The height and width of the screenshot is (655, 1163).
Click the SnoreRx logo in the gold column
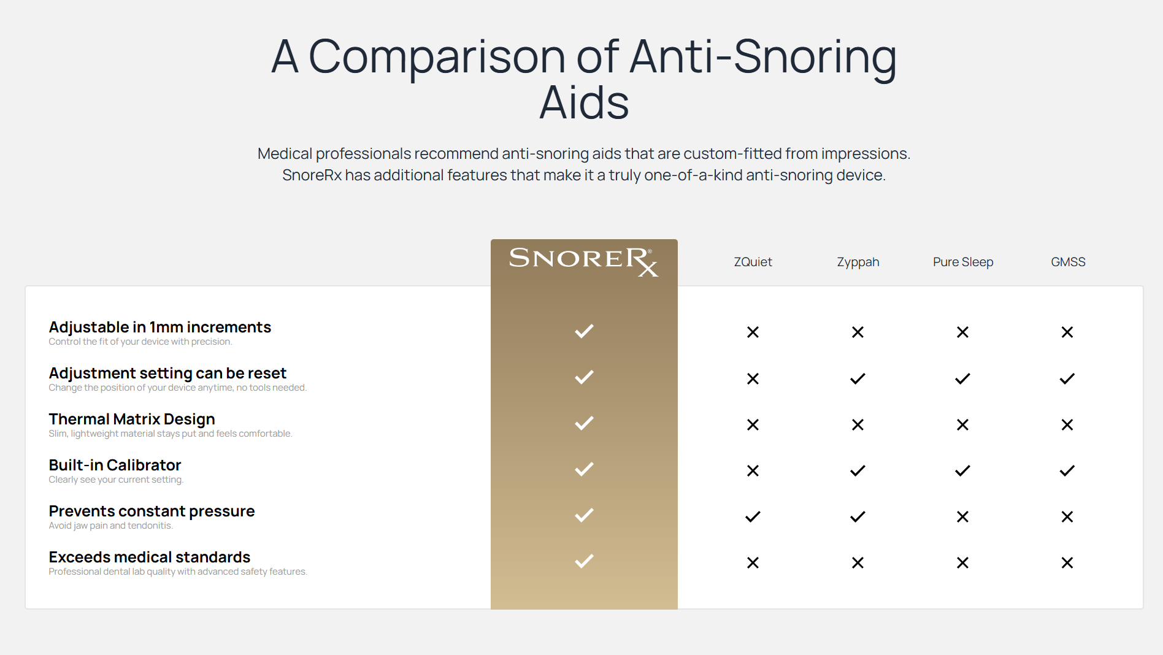[x=583, y=261]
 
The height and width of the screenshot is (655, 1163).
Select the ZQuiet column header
[x=753, y=262]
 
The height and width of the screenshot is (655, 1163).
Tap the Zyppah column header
[x=858, y=262]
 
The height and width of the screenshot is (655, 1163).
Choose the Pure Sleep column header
[x=963, y=262]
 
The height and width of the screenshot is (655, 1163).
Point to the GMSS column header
[x=1068, y=262]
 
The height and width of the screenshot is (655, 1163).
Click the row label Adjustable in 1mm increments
[x=160, y=327]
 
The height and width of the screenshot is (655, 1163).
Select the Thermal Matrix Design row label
[x=132, y=419]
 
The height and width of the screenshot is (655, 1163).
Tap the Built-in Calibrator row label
[x=115, y=465]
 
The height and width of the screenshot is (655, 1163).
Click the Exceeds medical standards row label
[x=150, y=557]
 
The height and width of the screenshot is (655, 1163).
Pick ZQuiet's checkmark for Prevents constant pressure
[x=753, y=516]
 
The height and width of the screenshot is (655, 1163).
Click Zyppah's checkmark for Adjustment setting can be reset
[x=858, y=378]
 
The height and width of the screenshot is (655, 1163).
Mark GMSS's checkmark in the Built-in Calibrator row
[x=1067, y=470]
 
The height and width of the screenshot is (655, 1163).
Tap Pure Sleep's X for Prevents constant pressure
[x=962, y=516]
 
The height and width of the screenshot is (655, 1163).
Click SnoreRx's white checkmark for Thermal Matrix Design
[x=584, y=423]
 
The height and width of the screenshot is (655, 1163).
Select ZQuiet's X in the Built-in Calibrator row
[x=753, y=470]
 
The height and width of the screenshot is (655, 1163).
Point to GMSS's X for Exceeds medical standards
[x=1067, y=562]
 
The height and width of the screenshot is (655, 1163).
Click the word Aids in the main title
[x=584, y=102]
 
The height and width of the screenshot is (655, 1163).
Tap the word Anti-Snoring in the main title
[x=763, y=56]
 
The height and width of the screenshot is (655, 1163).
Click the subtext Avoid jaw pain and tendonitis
[x=111, y=526]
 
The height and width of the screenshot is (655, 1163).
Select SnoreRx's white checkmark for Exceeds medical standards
[x=584, y=561]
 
